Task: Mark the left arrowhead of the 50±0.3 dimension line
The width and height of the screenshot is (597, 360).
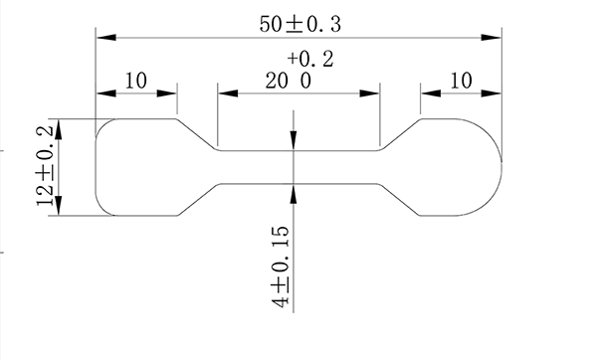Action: pyautogui.click(x=102, y=37)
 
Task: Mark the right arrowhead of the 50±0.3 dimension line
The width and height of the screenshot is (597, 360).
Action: pyautogui.click(x=493, y=37)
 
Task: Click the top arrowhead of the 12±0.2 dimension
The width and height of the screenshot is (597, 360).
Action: pyautogui.click(x=59, y=126)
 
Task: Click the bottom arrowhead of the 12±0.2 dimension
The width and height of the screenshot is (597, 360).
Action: pyautogui.click(x=59, y=208)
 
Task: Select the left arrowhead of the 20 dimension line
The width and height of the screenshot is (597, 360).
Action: pyautogui.click(x=225, y=94)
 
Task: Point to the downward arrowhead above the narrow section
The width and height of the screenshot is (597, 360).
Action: pyautogui.click(x=295, y=144)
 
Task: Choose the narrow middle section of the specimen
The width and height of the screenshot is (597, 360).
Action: pyautogui.click(x=328, y=167)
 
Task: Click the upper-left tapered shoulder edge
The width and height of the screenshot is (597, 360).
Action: pyautogui.click(x=197, y=135)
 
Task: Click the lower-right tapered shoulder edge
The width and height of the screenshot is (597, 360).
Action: pyautogui.click(x=400, y=199)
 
